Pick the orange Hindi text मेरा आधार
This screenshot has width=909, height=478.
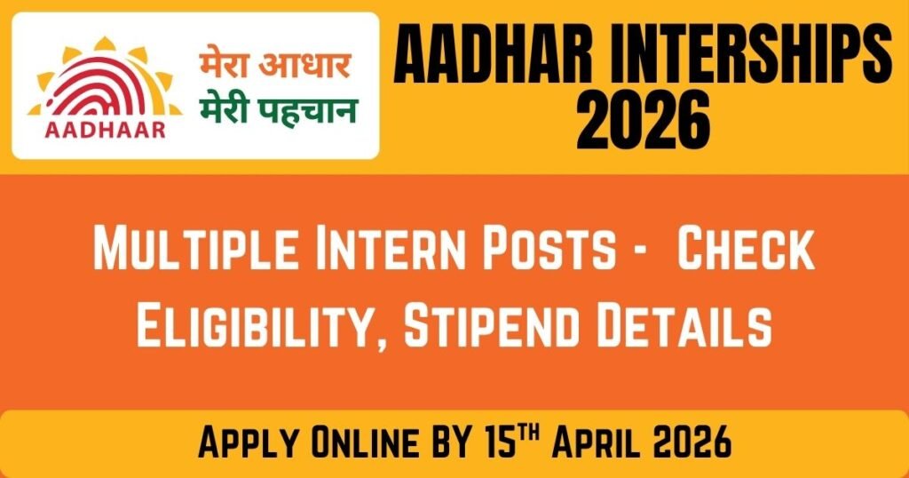[274, 67]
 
